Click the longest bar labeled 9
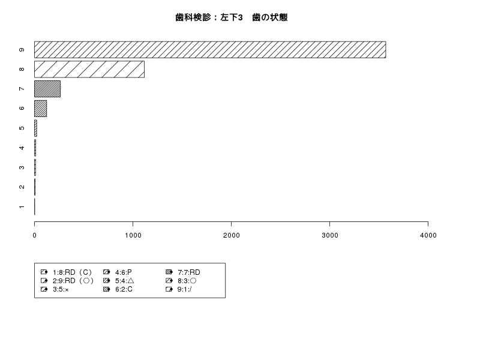pos(210,50)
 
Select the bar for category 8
pos(89,69)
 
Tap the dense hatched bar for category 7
pos(47,89)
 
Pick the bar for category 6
pos(40,109)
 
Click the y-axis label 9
pos(22,50)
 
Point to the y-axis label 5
pos(22,128)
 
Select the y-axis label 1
pos(22,206)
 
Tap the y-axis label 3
pos(22,167)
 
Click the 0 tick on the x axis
pos(34,235)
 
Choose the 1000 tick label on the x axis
pos(133,235)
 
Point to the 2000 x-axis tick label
pos(232,235)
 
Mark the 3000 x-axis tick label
pos(329,235)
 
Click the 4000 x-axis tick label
pos(428,235)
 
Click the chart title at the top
pos(232,17)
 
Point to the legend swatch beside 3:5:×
pos(44,289)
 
